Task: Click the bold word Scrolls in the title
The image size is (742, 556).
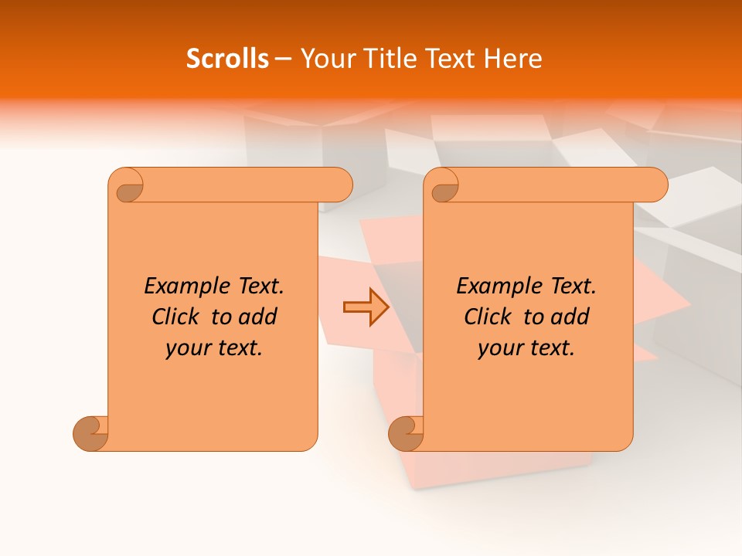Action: click(227, 59)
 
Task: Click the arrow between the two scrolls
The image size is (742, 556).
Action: click(366, 307)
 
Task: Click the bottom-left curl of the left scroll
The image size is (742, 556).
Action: click(90, 432)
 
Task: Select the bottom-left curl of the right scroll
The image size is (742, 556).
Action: click(406, 432)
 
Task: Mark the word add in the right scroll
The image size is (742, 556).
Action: click(572, 317)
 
